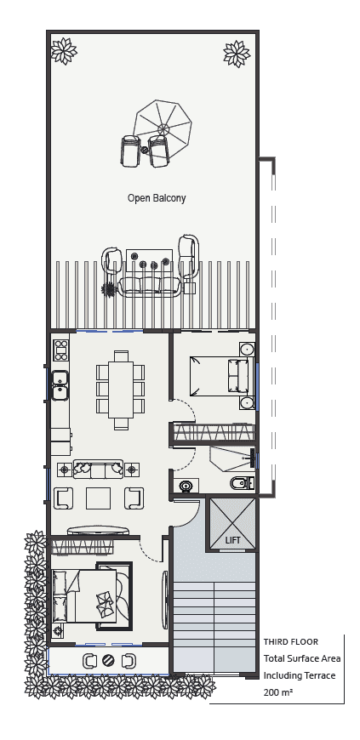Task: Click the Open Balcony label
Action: [157, 198]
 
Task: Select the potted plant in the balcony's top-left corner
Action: [63, 51]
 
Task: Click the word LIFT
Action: [232, 540]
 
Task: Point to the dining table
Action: [120, 386]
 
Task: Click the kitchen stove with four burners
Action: [61, 350]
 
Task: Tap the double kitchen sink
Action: [60, 384]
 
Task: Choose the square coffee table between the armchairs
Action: [103, 498]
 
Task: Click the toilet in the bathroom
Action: [240, 485]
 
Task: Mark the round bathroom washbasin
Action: [186, 487]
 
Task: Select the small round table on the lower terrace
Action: [108, 661]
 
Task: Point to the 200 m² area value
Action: [277, 693]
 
